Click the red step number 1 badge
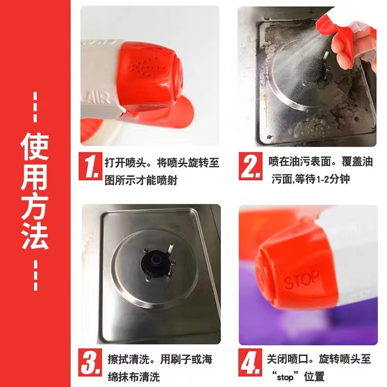point(90,166)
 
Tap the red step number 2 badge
point(251,166)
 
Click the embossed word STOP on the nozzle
point(301,280)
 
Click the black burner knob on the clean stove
point(155,264)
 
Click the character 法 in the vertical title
point(34,235)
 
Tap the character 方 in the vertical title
point(34,206)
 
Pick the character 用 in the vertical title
point(34,177)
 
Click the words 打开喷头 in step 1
point(125,163)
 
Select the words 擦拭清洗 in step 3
point(128,359)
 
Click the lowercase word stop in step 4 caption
point(285,377)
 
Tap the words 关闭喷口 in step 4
point(287,359)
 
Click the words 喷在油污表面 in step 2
point(300,162)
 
